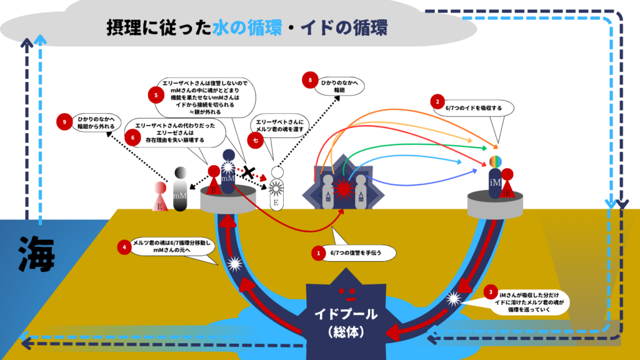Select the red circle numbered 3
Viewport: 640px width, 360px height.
tap(492, 292)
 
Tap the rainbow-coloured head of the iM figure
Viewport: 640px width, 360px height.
tap(496, 162)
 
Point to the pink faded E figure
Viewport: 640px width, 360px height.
tap(161, 197)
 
